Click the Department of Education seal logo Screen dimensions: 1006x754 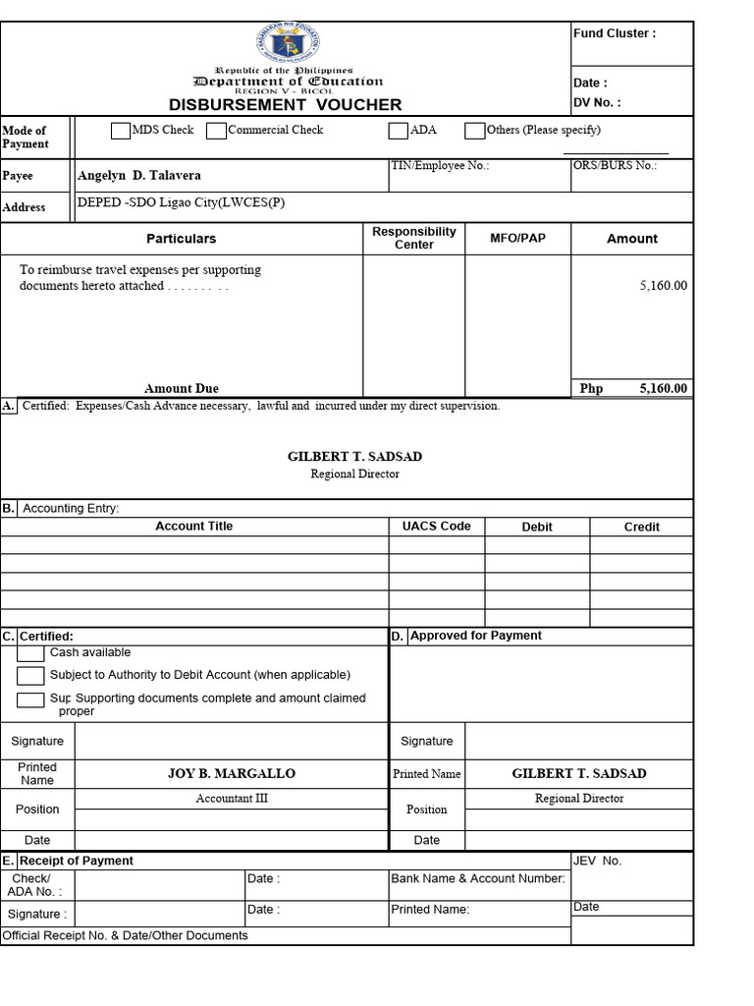[286, 44]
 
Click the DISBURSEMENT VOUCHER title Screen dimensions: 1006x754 [285, 104]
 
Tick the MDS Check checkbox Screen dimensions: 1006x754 [121, 131]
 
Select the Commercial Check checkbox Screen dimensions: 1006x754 [216, 131]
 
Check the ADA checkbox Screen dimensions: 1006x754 [398, 131]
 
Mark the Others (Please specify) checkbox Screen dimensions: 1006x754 [474, 131]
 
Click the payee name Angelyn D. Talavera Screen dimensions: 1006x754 [139, 176]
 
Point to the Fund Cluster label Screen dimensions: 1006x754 [614, 33]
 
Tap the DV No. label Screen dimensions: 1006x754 [597, 103]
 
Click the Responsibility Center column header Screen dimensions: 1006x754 [413, 238]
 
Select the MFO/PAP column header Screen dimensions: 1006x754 [517, 238]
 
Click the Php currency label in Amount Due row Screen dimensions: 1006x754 [591, 389]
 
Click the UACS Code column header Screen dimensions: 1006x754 [436, 527]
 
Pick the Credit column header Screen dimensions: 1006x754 [641, 528]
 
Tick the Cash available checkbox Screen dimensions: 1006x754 [30, 653]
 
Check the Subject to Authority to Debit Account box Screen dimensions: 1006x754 [31, 676]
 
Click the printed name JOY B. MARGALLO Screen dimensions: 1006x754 [231, 774]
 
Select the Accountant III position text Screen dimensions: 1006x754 [232, 799]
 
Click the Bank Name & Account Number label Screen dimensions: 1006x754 [478, 878]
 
